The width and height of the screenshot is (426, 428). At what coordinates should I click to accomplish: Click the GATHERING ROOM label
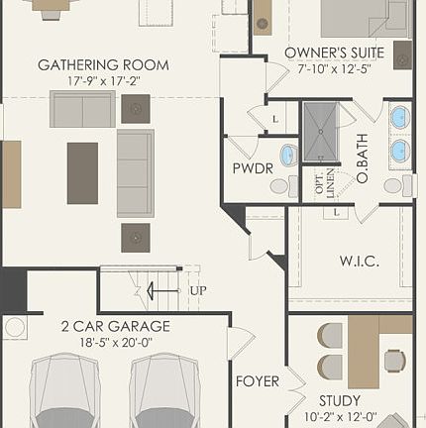click(x=103, y=65)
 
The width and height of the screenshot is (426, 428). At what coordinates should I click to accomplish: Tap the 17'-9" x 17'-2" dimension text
click(x=103, y=80)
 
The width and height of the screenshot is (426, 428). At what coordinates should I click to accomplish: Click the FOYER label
click(x=256, y=381)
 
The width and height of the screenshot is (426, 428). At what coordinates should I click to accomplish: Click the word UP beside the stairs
click(x=198, y=291)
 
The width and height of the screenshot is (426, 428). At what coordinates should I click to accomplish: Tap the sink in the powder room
click(x=287, y=155)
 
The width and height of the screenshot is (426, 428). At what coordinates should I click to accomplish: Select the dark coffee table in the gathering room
click(x=82, y=173)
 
